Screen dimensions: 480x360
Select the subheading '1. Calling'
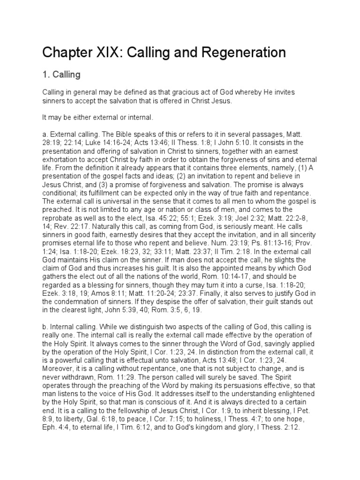(61, 75)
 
